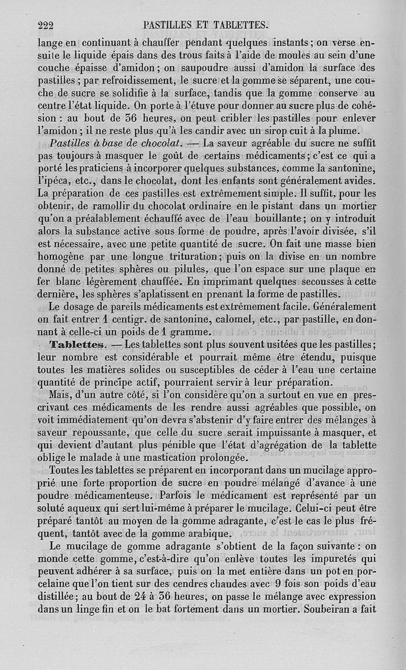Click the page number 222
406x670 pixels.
click(46, 24)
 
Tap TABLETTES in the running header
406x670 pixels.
click(238, 24)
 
